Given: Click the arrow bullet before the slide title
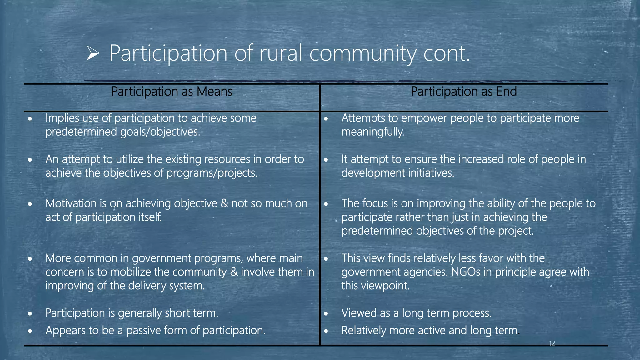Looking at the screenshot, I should coord(93,53).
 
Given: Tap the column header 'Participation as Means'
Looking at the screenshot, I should coord(172,92).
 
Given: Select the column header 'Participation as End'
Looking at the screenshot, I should coord(463,92).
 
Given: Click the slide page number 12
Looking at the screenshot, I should coord(552,344).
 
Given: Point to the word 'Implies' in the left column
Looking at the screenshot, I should coord(62,118).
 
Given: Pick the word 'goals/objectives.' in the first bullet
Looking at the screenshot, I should coord(160,132).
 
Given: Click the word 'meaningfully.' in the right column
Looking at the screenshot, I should coord(373,132).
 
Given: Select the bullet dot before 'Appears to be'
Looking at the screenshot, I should coord(30,331).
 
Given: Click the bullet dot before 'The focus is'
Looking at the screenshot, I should coord(326,204).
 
